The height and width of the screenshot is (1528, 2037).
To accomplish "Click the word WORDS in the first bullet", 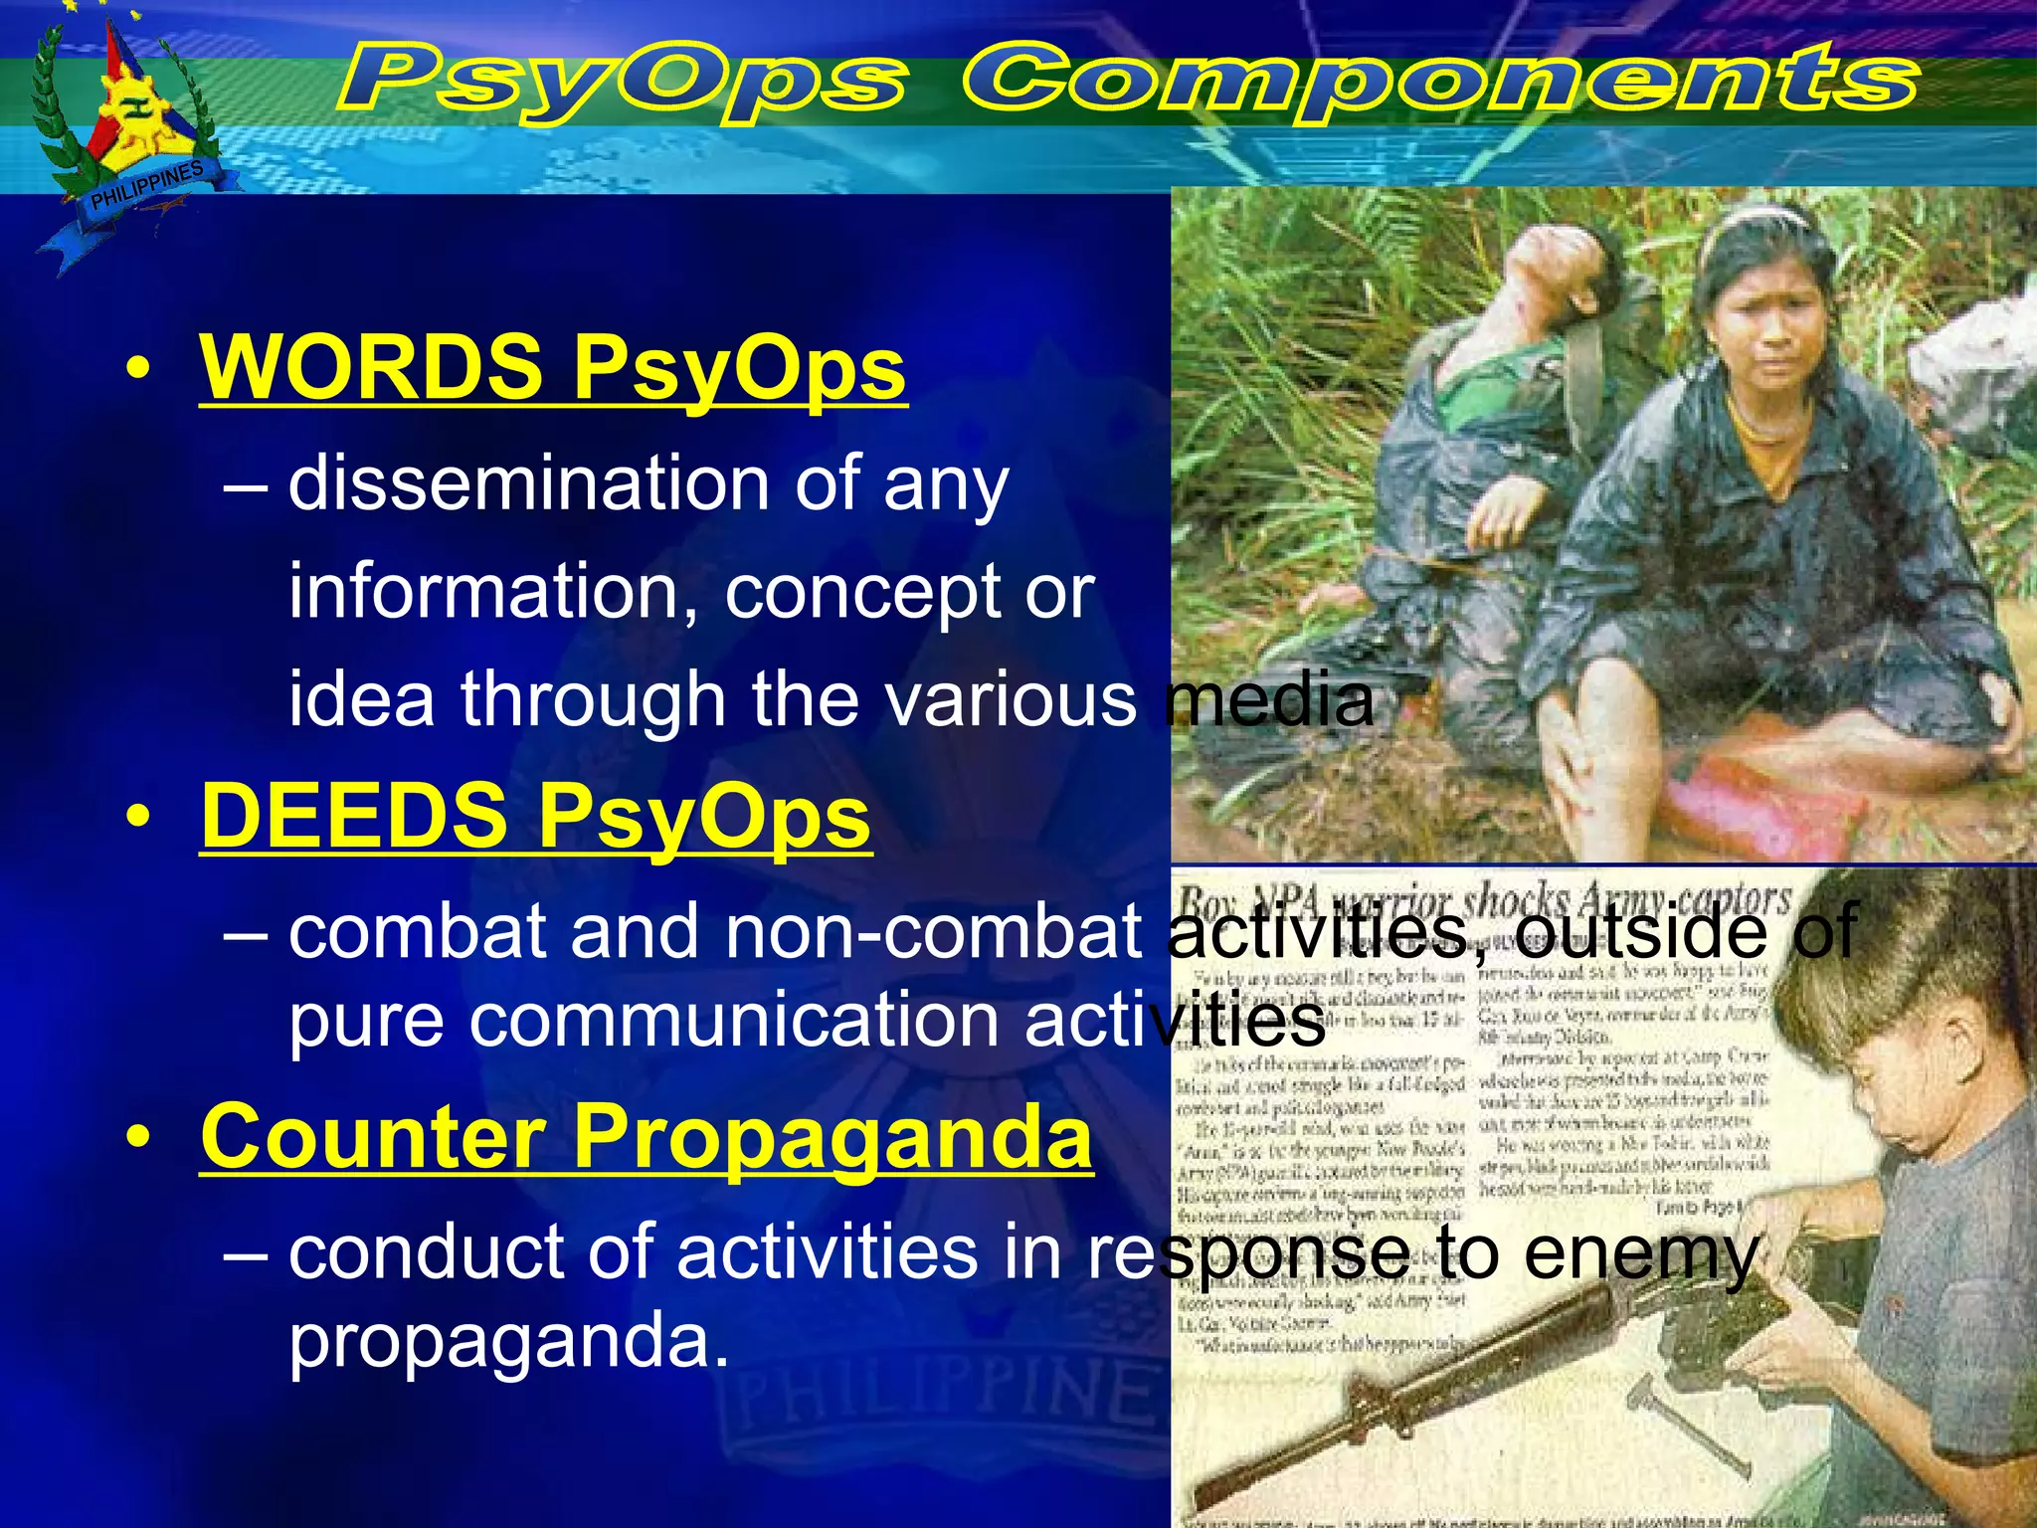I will pyautogui.click(x=371, y=366).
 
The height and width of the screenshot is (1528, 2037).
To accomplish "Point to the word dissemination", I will pyautogui.click(x=527, y=482).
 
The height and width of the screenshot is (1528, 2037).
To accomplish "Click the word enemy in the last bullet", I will pyautogui.click(x=1641, y=1253).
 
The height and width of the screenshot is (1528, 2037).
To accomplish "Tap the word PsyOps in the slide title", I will pyautogui.click(x=622, y=82).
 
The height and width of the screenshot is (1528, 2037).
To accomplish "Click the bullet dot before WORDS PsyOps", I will pyautogui.click(x=138, y=370).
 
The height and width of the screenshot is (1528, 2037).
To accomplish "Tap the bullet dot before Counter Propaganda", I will pyautogui.click(x=138, y=1140).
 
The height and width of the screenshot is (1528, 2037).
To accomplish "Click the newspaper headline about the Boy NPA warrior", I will pyautogui.click(x=1482, y=901).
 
